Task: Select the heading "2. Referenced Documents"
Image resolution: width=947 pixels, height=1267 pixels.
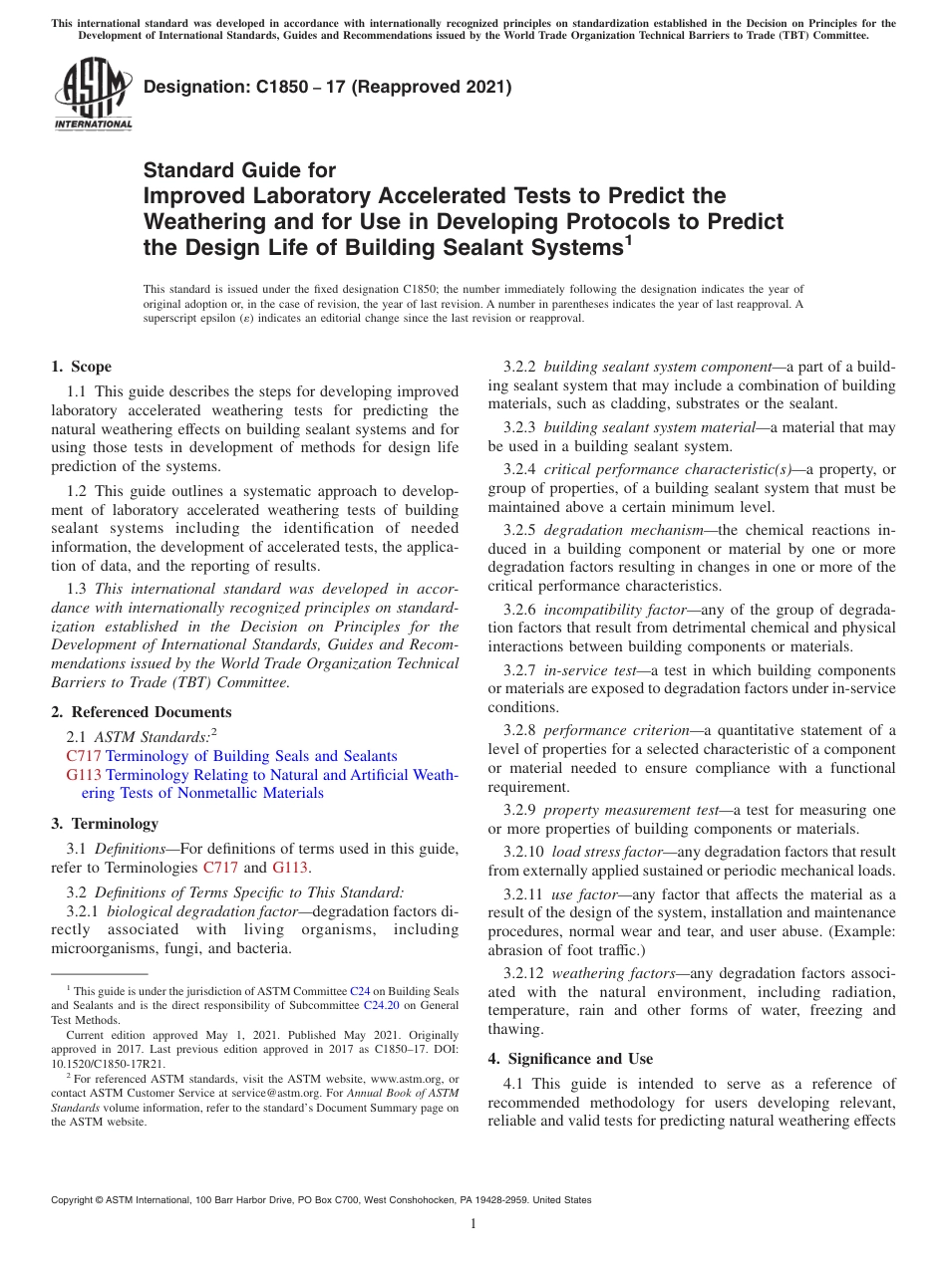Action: [141, 712]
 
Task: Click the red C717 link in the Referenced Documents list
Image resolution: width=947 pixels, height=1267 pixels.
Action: [84, 756]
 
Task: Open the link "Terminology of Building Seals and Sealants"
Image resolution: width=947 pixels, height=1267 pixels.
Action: [251, 756]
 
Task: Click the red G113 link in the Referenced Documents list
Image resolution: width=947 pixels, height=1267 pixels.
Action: [84, 775]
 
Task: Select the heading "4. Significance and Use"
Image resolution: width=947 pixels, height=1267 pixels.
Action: [570, 1059]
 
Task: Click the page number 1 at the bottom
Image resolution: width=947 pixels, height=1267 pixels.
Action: [473, 1224]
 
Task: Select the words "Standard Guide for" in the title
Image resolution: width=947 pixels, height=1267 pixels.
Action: [240, 170]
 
